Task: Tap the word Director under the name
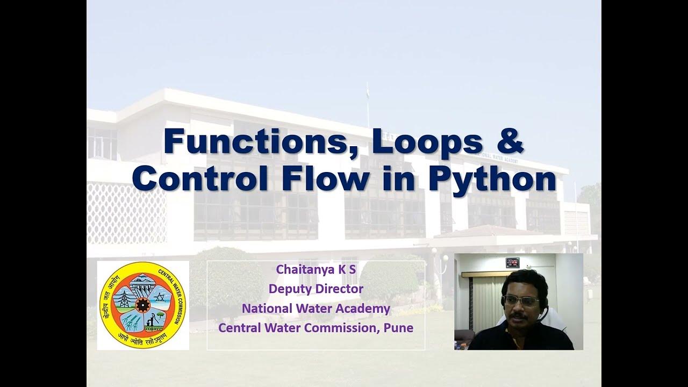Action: coord(338,289)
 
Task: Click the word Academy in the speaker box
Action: coord(363,309)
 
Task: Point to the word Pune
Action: coord(398,327)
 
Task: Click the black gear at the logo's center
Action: coord(144,305)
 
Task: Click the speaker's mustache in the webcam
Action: coord(518,317)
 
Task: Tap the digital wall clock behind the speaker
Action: coord(512,262)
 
